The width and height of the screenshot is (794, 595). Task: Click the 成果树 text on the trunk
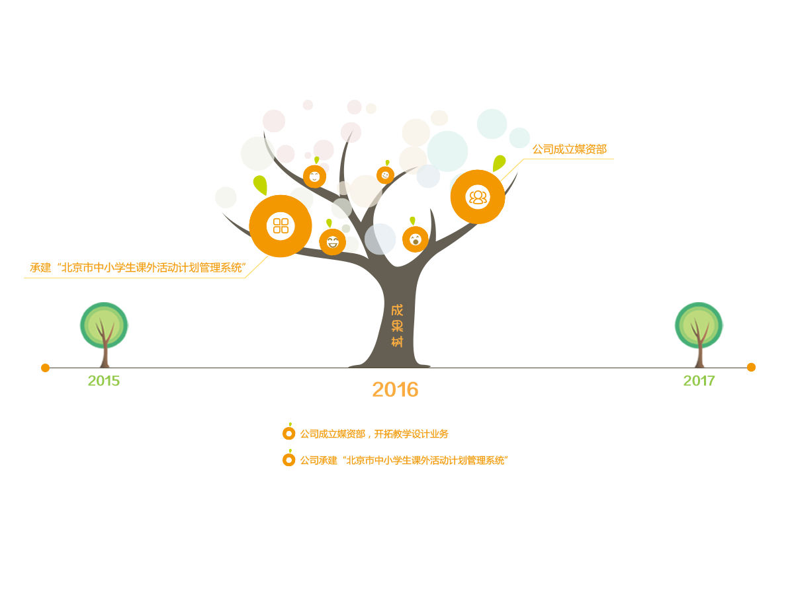(x=397, y=326)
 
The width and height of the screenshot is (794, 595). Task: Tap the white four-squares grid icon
(x=281, y=225)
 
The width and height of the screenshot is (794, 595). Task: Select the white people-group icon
(x=477, y=196)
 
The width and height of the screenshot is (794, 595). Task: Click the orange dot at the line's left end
(x=45, y=368)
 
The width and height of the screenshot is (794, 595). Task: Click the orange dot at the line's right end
(x=751, y=367)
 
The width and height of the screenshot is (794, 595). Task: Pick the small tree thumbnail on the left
(x=104, y=335)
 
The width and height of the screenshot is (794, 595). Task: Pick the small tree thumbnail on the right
(x=699, y=335)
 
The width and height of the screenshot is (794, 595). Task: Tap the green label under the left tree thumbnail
(x=104, y=380)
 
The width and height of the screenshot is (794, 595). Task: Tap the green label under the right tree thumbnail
(x=699, y=380)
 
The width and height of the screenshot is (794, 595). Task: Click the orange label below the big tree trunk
(x=395, y=389)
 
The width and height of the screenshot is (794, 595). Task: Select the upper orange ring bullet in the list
(x=289, y=433)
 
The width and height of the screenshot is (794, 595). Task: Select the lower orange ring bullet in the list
(x=289, y=459)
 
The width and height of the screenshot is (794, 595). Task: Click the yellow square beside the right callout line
(x=512, y=171)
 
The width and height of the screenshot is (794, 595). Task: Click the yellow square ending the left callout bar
(x=257, y=266)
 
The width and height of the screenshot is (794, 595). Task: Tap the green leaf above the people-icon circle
(x=499, y=162)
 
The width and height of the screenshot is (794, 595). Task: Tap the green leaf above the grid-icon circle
(x=261, y=184)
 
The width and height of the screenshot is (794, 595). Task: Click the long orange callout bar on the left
(x=136, y=268)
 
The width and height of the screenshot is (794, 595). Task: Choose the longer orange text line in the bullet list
(x=404, y=460)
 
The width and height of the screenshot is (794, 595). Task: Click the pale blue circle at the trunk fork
(x=380, y=239)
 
